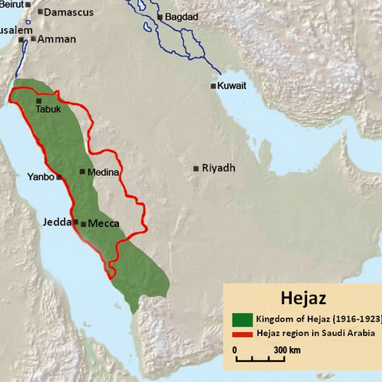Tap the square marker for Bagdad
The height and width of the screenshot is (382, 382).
(x=160, y=17)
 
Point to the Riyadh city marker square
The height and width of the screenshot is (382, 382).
(x=195, y=169)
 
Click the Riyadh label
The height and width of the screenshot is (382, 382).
(x=219, y=168)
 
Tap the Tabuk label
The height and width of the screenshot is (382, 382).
(x=49, y=110)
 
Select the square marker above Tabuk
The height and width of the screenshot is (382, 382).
(x=39, y=101)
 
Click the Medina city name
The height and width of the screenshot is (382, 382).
(x=104, y=172)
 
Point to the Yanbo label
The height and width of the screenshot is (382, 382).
(x=40, y=177)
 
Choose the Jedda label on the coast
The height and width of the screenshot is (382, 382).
(x=57, y=221)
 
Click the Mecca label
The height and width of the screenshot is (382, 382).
(x=103, y=224)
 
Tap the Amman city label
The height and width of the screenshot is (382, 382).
(x=57, y=39)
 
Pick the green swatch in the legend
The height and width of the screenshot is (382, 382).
(x=243, y=318)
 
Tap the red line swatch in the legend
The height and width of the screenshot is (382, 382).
(x=243, y=332)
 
